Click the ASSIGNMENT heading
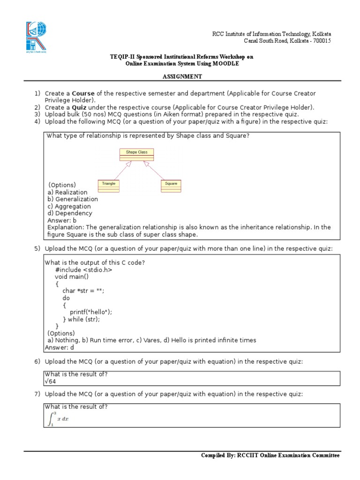[x=182, y=76]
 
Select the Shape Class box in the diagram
[x=136, y=155]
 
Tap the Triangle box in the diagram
[x=109, y=186]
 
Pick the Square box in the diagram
[x=171, y=186]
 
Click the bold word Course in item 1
[x=84, y=94]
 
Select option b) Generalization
[x=73, y=199]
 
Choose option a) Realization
[x=67, y=192]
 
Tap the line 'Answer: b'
[x=62, y=220]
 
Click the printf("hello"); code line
[x=91, y=312]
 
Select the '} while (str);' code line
[x=81, y=319]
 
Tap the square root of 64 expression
[x=50, y=382]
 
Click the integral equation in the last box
[x=58, y=419]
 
